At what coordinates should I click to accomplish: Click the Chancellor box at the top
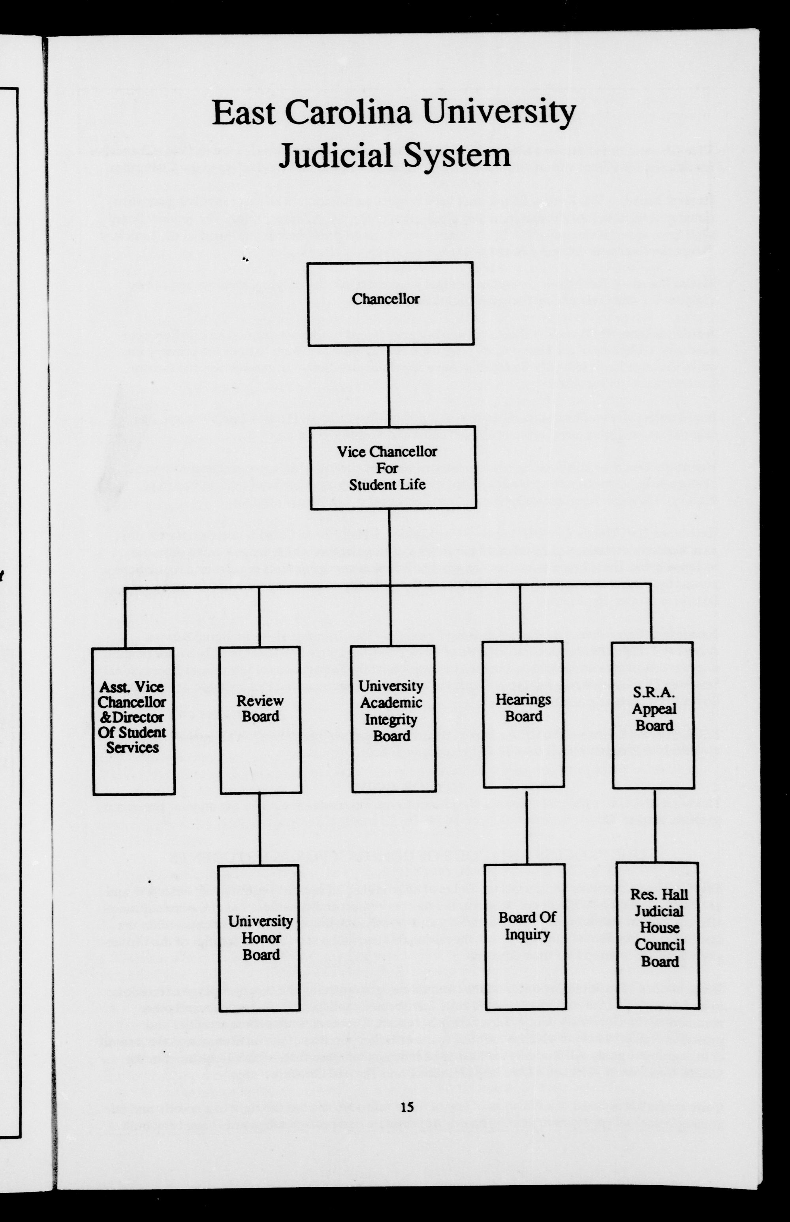point(390,304)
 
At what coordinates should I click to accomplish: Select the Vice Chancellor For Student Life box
point(393,467)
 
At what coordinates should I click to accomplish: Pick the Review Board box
point(260,720)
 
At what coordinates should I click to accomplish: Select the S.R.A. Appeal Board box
point(653,715)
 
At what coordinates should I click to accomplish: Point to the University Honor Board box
point(260,938)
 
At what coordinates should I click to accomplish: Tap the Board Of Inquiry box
point(526,937)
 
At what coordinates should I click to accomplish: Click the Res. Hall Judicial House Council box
point(658,935)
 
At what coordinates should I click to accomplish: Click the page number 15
point(407,1107)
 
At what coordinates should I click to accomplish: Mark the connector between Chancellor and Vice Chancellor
point(388,385)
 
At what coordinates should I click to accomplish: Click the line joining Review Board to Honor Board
point(260,829)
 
